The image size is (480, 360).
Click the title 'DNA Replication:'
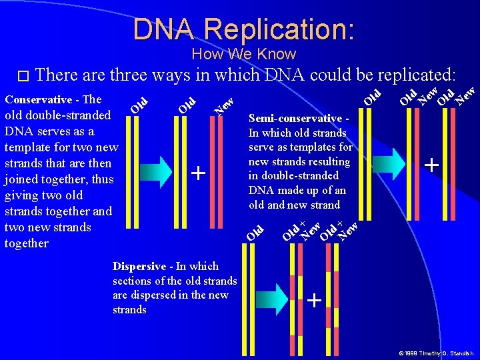(243, 29)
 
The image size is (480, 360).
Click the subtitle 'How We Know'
(243, 54)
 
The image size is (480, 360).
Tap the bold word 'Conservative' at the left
(38, 99)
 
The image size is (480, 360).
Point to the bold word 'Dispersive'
(140, 266)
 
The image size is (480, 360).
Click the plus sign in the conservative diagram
(198, 173)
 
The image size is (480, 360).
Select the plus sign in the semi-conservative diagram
(433, 163)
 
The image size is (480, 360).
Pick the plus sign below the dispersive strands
(314, 301)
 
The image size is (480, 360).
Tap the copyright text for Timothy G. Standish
(436, 353)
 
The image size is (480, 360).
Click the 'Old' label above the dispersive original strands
(255, 233)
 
